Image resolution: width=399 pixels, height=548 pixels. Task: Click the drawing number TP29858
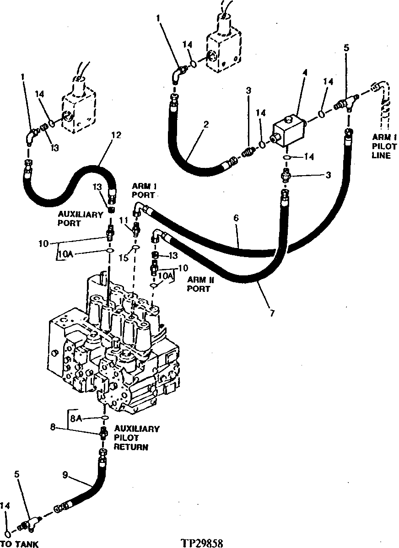(x=202, y=543)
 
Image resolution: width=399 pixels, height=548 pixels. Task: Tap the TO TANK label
(x=19, y=544)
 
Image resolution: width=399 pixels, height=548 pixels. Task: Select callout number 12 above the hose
(x=116, y=135)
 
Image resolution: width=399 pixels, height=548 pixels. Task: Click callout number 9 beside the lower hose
(x=65, y=475)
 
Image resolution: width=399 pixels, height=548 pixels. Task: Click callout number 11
(x=121, y=221)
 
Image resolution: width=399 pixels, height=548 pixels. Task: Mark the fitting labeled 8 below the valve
(x=104, y=432)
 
